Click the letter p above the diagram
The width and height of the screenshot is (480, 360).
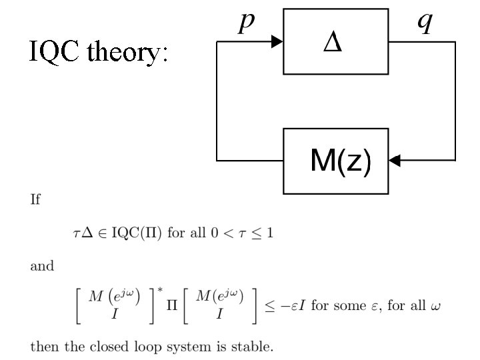(x=247, y=22)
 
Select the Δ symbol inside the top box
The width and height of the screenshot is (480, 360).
(x=333, y=43)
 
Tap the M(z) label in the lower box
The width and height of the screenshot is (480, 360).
(x=340, y=161)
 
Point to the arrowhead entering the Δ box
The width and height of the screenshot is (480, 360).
(x=277, y=42)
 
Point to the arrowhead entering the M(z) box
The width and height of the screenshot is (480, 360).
(x=395, y=161)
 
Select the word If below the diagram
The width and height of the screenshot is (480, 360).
(x=35, y=200)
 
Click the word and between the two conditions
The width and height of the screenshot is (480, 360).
(x=42, y=266)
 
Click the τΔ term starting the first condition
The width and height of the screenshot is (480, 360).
(x=81, y=233)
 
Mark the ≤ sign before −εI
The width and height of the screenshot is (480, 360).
(x=264, y=307)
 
